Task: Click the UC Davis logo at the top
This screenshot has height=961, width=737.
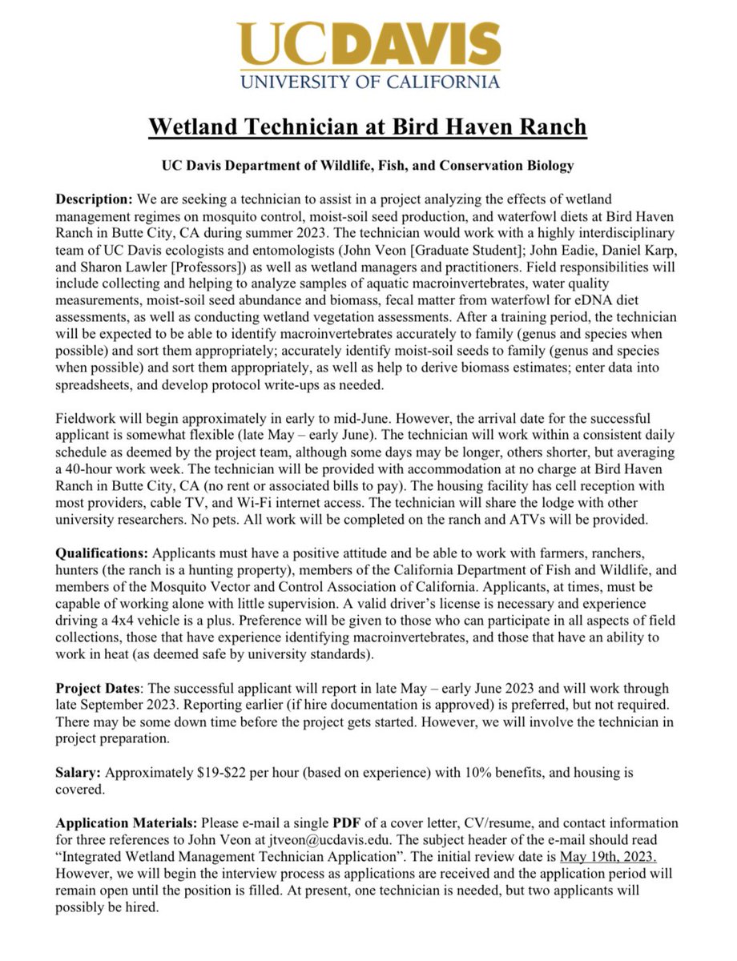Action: coord(369,54)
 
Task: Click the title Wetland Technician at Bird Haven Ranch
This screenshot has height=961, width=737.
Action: coord(368,127)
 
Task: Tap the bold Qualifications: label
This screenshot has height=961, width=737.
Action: coord(102,553)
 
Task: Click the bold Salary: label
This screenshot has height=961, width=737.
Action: coord(79,773)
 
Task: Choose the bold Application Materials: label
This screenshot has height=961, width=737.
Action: coord(127,822)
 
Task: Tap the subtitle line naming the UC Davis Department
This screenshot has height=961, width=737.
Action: coord(368,166)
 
